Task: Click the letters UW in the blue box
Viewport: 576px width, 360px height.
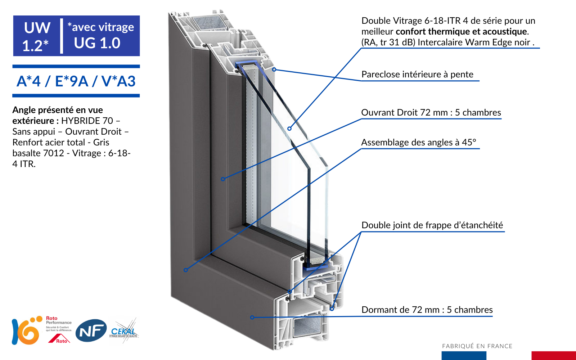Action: pos(37,28)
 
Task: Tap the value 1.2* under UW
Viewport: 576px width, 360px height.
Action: pos(35,46)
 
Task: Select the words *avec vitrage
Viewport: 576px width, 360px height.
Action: pos(101,27)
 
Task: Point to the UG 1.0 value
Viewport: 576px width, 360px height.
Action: pos(97,43)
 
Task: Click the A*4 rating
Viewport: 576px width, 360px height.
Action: pos(29,81)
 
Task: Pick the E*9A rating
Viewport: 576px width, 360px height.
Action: pos(72,81)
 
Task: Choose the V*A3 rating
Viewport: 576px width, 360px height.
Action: pos(118,81)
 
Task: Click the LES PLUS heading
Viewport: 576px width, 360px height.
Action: pos(66,113)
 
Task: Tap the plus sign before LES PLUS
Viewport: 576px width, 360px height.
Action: pos(28,113)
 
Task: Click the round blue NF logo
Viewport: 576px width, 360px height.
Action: pos(91,330)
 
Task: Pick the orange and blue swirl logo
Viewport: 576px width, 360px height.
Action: pos(27,330)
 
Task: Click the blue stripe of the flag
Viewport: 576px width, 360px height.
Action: pos(464,355)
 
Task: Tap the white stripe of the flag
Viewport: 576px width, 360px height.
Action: pos(509,355)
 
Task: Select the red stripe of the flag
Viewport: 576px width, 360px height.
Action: pos(554,355)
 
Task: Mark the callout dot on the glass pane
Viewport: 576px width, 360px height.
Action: pos(289,129)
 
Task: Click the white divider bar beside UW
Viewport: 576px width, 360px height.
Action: pos(62,36)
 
